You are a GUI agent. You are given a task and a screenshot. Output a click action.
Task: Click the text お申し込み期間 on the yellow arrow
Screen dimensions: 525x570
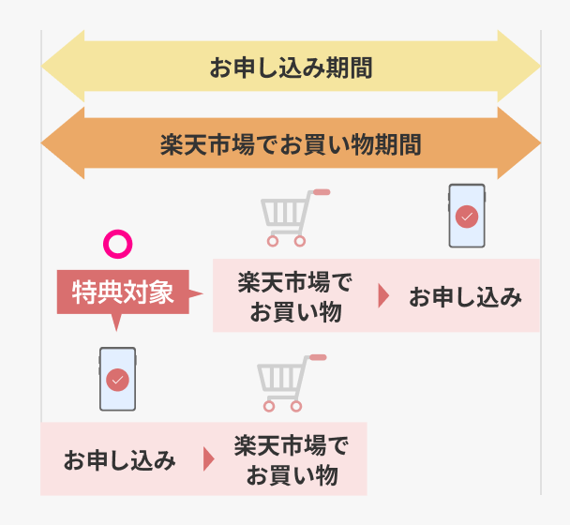coord(291,67)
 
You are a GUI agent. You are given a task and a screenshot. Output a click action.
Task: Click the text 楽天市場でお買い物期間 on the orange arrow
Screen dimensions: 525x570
coord(291,145)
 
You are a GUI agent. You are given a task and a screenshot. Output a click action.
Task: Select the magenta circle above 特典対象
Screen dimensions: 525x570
coord(117,245)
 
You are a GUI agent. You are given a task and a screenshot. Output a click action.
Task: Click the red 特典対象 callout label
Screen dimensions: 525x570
coord(123,292)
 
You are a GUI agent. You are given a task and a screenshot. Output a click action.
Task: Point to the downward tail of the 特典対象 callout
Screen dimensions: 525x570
coord(116,322)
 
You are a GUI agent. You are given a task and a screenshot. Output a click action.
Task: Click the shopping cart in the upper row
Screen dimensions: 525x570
coord(290,217)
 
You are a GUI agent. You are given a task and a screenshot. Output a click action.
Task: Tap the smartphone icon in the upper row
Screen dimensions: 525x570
coord(466,216)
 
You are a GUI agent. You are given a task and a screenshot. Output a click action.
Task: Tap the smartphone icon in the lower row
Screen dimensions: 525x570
coord(117,379)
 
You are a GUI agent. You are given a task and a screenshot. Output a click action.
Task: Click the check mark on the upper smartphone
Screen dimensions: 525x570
coord(466,217)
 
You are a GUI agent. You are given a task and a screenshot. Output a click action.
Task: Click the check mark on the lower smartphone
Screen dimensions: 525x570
coord(117,380)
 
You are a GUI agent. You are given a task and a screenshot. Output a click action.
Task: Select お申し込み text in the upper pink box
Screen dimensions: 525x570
coord(464,297)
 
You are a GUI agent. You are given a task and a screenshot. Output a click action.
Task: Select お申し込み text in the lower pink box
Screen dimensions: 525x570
coord(119,460)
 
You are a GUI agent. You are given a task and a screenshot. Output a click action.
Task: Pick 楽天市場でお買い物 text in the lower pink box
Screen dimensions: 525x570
coord(291,460)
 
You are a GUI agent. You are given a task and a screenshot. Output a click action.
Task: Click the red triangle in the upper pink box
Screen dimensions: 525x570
coord(382,297)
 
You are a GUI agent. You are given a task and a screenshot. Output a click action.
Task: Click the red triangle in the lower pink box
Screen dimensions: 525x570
coord(208,460)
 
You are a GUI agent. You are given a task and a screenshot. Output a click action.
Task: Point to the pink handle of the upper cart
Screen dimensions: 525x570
coord(321,192)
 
